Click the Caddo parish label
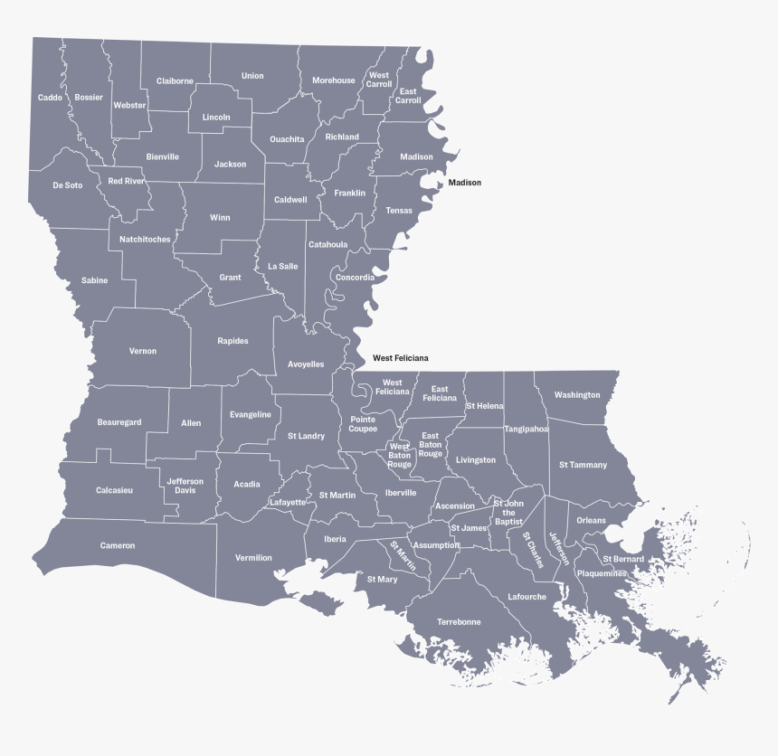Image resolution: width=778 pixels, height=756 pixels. [x=50, y=97]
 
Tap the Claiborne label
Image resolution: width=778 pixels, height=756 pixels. [x=175, y=80]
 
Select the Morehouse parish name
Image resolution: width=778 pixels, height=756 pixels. [x=334, y=80]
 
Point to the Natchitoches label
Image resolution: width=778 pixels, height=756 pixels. [x=145, y=239]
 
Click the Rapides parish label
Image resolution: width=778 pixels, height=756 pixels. [x=232, y=341]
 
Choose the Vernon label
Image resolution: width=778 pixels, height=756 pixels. [x=143, y=351]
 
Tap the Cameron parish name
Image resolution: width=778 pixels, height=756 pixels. [x=118, y=545]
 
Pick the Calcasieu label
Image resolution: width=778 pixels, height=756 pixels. [x=115, y=490]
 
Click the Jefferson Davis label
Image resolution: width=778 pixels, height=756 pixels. [x=185, y=486]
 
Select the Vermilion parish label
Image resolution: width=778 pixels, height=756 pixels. [x=253, y=558]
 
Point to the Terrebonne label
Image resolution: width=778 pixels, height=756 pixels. [x=459, y=622]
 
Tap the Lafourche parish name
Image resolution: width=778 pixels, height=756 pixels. [x=527, y=597]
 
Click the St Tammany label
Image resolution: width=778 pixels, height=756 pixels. [x=583, y=465]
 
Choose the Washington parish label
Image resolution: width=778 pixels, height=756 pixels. [x=577, y=395]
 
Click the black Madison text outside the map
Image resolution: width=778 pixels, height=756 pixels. [x=465, y=183]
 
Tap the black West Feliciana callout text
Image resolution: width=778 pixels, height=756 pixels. [x=401, y=358]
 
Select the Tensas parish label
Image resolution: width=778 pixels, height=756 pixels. [x=399, y=211]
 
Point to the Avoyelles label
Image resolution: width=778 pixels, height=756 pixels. [x=306, y=364]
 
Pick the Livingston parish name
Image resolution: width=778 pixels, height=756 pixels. [x=476, y=460]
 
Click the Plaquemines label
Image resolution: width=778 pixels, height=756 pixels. [x=602, y=572]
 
